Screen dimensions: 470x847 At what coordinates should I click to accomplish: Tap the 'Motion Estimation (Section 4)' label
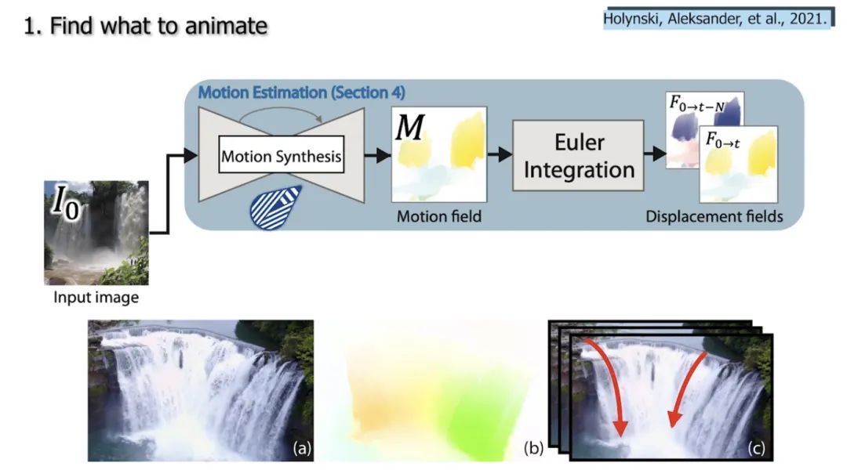click(x=301, y=92)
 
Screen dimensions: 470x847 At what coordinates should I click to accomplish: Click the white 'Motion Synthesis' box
click(x=282, y=156)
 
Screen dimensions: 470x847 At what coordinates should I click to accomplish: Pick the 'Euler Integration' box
click(x=579, y=156)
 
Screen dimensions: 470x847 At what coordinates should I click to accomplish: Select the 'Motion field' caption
click(x=439, y=216)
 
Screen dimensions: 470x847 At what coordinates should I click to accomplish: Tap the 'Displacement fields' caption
click(x=714, y=216)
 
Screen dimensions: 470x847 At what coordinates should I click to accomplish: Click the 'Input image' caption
click(x=96, y=298)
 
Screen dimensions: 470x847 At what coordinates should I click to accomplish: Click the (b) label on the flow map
click(x=534, y=449)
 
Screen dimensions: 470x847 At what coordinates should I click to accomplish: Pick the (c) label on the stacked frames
click(x=756, y=449)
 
